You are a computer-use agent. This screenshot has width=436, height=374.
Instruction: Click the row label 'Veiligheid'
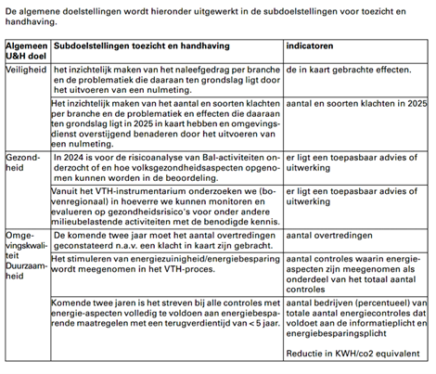(24, 69)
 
